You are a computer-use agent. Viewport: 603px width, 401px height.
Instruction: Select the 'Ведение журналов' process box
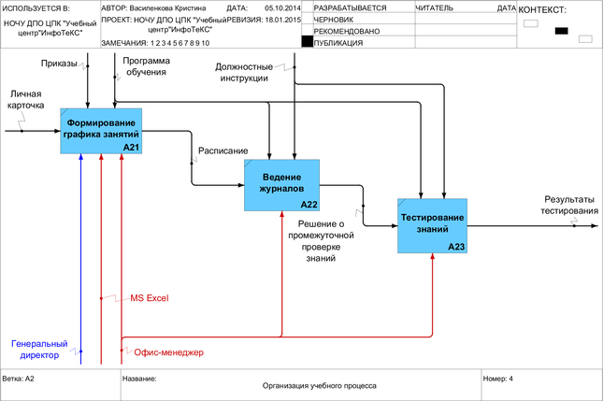[x=281, y=183]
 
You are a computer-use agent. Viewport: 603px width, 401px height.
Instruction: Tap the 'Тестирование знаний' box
[x=432, y=223]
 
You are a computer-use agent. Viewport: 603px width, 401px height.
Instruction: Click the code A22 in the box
[x=309, y=204]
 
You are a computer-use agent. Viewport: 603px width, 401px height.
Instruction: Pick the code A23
[x=456, y=246]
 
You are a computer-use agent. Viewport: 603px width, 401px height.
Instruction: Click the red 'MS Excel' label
[x=149, y=297]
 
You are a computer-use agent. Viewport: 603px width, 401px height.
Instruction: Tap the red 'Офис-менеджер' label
[x=169, y=352]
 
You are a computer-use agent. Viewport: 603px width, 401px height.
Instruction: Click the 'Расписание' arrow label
[x=223, y=150]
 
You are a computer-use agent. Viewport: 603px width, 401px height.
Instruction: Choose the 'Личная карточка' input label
[x=27, y=100]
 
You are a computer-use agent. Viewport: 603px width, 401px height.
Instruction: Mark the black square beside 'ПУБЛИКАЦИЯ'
[x=307, y=42]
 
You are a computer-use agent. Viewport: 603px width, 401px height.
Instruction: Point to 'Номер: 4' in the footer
[x=498, y=379]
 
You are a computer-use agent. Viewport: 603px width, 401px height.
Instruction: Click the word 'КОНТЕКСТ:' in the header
[x=542, y=9]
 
